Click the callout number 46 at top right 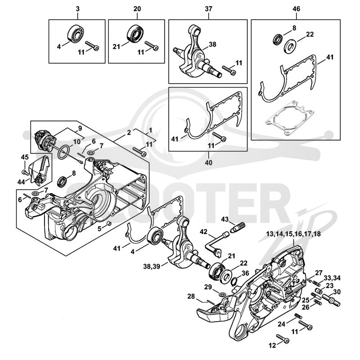297,9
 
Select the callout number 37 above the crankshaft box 208,9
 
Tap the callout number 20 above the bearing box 137,9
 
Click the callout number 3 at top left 77,9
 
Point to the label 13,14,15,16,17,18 293,234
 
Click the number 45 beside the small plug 25,157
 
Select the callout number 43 225,219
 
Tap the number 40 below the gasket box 208,162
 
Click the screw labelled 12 283,338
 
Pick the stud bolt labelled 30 331,300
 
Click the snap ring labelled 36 234,281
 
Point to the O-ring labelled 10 63,152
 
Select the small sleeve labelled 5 109,223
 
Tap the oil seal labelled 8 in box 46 278,39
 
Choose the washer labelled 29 222,294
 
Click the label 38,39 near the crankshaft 152,266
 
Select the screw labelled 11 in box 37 229,70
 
